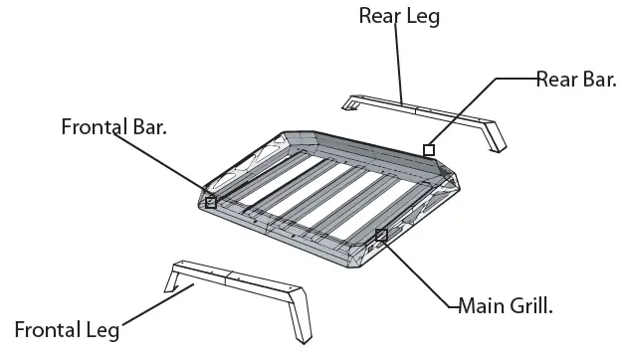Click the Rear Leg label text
398,15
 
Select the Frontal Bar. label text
113,127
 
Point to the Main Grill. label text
506,303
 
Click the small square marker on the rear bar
429,150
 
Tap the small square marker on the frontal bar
210,202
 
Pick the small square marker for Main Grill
381,235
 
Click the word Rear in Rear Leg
379,15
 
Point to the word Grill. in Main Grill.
527,303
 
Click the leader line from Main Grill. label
418,270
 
